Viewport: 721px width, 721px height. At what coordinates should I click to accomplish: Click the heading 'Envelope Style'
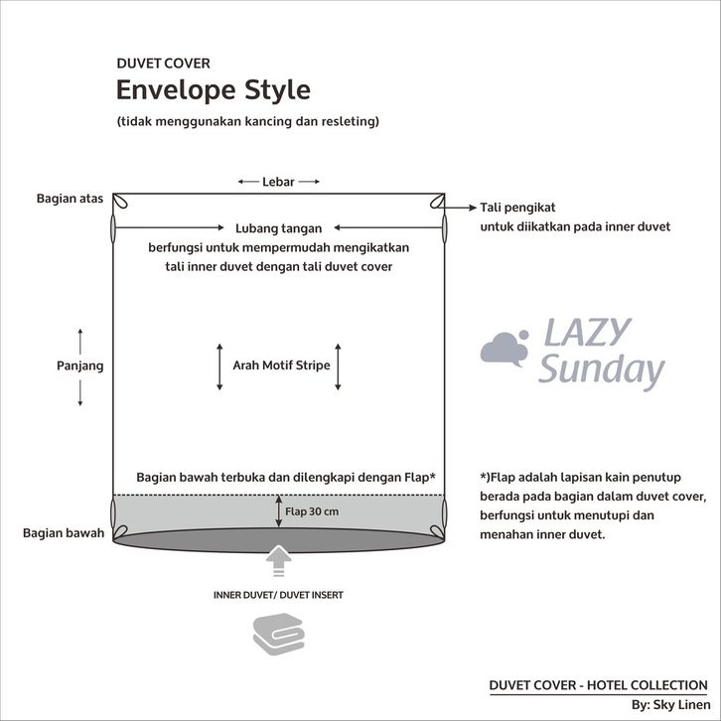point(214,90)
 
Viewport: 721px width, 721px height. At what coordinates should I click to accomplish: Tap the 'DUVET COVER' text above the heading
point(163,64)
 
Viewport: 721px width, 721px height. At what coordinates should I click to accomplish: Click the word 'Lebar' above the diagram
point(278,182)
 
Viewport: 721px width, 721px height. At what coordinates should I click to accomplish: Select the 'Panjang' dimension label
point(80,366)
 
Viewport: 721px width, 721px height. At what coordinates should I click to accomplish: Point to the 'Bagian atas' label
point(70,199)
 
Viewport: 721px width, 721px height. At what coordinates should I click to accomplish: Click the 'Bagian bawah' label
point(64,533)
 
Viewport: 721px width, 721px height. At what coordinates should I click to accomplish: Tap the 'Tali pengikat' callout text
point(517,208)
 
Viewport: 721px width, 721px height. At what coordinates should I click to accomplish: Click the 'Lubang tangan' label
point(279,228)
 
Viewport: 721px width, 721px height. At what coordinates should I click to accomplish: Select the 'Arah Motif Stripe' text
point(281,365)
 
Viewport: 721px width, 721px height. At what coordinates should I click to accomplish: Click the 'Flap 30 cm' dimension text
point(312,511)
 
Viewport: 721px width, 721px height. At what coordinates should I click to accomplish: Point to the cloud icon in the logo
point(505,349)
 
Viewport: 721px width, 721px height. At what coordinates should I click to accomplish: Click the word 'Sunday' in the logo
point(602,370)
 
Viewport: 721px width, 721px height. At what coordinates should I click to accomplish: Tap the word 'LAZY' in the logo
point(588,332)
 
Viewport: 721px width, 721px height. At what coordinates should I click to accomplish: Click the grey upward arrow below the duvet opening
point(279,560)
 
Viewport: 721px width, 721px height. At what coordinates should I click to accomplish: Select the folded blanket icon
point(279,634)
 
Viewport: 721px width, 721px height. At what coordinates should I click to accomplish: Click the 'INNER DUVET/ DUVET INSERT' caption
point(278,595)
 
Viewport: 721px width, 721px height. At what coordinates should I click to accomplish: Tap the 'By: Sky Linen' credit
point(671,705)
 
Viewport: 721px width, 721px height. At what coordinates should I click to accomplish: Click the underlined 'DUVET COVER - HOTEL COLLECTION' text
point(598,685)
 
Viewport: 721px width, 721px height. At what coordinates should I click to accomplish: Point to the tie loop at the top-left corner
point(120,201)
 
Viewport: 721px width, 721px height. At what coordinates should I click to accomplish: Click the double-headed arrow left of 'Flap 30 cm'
point(279,511)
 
